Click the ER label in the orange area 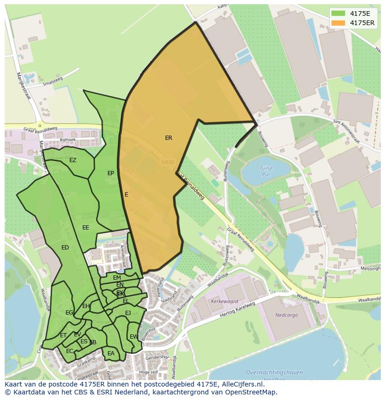click(168, 138)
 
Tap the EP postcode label click(111, 173)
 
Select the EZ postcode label click(73, 160)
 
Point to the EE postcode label click(86, 228)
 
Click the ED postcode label click(65, 248)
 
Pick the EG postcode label click(69, 313)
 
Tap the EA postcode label click(111, 354)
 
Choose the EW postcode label click(133, 337)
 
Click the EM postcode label click(117, 278)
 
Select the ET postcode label click(63, 335)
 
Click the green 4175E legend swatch click(338, 13)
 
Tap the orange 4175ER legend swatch click(338, 23)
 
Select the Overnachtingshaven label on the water click(274, 373)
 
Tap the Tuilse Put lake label click(266, 171)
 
